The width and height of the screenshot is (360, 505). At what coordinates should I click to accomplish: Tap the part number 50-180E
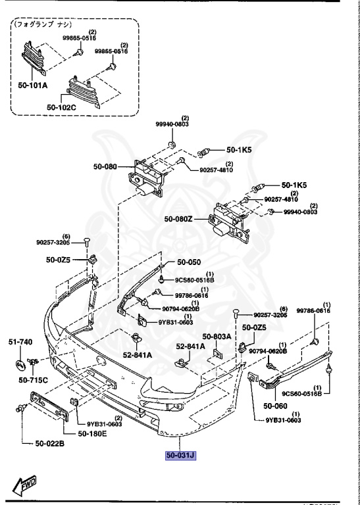[94, 433]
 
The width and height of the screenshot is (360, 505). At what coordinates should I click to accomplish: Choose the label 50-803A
[217, 336]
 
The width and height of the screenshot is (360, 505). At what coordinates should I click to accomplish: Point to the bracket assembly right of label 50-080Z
[228, 224]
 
